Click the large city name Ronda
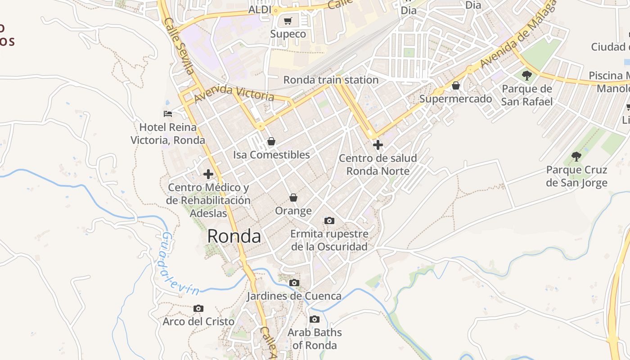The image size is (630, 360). pos(234,236)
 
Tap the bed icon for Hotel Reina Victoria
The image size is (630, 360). pos(168,114)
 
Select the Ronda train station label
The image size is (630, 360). pos(331,80)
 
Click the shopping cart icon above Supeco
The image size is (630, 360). pos(288,21)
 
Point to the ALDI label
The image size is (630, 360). pos(260,9)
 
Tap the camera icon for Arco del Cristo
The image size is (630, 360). pos(198,308)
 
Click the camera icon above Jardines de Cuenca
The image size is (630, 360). pos(294,283)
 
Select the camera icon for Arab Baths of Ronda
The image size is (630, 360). pos(315,319)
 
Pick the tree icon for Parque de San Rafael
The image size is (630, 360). pos(527,75)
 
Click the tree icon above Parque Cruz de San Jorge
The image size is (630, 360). pos(576,156)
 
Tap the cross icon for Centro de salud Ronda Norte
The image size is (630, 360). pos(378,144)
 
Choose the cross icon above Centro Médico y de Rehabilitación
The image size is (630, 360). pos(208,174)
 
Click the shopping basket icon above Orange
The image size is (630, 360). pos(293,197)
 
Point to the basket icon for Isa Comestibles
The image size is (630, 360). pos(271,141)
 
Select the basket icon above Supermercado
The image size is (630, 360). pos(456,85)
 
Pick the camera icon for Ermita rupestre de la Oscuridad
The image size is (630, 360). pos(329,220)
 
